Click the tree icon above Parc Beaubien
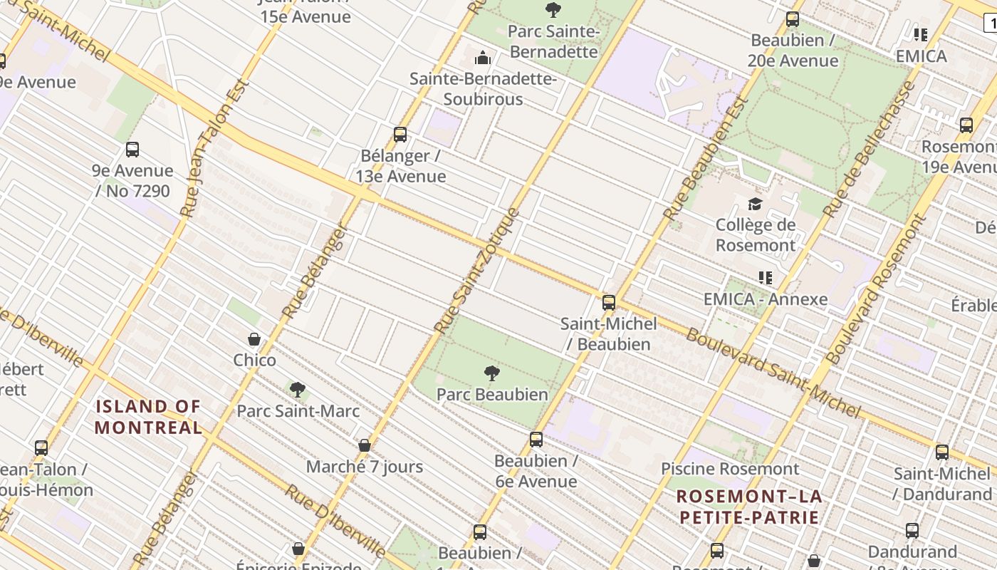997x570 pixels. click(491, 373)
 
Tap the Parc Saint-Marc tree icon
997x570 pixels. click(298, 390)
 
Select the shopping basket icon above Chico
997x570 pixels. click(254, 339)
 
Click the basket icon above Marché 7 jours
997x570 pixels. click(365, 445)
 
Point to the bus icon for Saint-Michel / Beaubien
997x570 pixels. click(608, 302)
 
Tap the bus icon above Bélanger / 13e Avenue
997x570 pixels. click(400, 134)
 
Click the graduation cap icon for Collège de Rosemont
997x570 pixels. click(755, 204)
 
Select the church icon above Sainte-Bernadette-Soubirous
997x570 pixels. click(483, 58)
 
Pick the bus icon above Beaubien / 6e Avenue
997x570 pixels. click(536, 440)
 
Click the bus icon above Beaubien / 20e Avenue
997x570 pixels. click(792, 19)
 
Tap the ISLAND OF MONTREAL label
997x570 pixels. click(148, 417)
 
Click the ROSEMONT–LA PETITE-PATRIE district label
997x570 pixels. click(749, 507)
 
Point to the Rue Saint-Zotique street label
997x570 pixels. click(477, 271)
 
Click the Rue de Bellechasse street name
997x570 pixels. click(869, 149)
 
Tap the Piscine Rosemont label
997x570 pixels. click(730, 469)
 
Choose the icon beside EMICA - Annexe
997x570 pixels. click(766, 277)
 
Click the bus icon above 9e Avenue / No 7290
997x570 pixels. click(132, 150)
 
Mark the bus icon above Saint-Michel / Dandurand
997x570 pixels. click(942, 452)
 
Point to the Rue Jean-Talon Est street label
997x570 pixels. click(214, 148)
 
